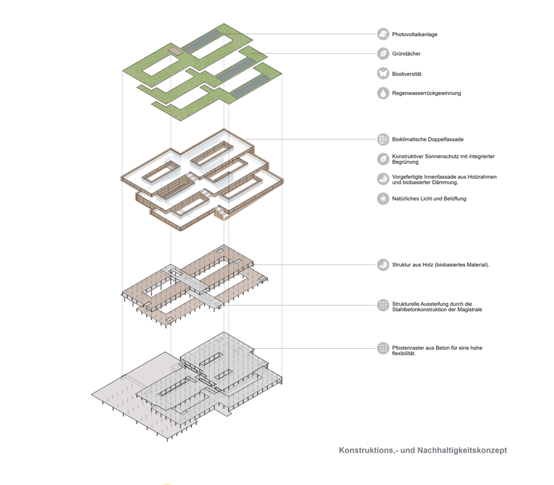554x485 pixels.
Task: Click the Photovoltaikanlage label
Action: (x=415, y=34)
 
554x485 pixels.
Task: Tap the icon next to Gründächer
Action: (x=383, y=54)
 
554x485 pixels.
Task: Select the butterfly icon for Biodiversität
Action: (x=383, y=74)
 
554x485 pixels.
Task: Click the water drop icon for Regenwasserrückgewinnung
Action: (x=383, y=93)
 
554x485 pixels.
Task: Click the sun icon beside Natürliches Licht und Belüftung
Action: (x=383, y=199)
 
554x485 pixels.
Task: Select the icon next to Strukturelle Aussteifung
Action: (x=383, y=306)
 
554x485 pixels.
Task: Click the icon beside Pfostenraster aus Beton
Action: (x=383, y=348)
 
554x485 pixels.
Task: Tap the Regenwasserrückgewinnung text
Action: (x=427, y=93)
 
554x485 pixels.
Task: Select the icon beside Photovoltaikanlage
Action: (x=383, y=34)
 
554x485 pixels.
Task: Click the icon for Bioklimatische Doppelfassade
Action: (x=383, y=139)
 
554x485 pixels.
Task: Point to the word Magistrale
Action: (x=470, y=309)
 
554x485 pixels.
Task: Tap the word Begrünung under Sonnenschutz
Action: (x=405, y=162)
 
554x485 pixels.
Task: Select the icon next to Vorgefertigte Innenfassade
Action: (x=383, y=179)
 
